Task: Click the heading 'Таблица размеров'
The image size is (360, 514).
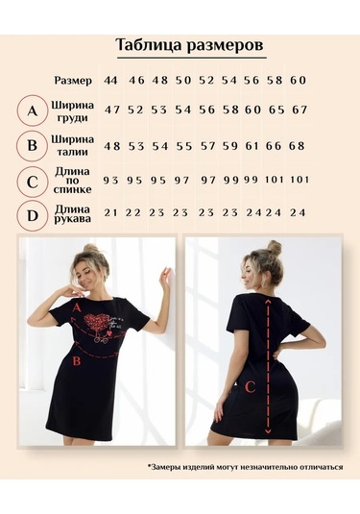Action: tap(190, 45)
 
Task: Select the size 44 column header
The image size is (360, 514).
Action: tap(110, 81)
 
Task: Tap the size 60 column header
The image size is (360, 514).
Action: tap(298, 81)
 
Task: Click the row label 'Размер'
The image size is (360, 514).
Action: tap(73, 81)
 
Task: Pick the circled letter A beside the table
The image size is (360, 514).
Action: tap(32, 110)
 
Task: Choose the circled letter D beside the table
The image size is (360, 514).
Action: tap(32, 216)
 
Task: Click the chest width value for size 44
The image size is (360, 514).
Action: tap(112, 110)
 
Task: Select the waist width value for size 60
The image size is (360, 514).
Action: tap(297, 146)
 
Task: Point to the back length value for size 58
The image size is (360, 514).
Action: tap(275, 180)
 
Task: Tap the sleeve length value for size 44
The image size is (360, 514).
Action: tap(110, 212)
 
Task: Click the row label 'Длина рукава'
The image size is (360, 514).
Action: tap(72, 213)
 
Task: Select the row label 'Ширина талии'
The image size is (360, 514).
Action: tap(72, 145)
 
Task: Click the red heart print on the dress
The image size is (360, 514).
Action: tap(96, 320)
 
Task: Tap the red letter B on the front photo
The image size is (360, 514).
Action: tap(77, 361)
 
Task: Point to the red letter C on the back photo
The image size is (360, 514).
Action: tap(250, 387)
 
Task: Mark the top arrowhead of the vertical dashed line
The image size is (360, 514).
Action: tap(268, 302)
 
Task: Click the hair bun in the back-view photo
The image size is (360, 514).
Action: tap(274, 248)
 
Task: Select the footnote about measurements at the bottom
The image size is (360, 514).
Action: tap(246, 467)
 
